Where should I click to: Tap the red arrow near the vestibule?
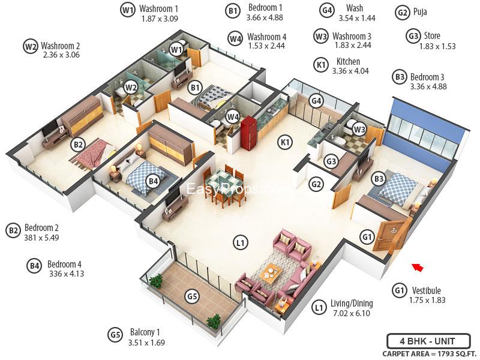pos(418,267)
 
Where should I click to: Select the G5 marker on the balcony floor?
pos(191,296)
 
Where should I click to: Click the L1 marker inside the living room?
pos(240,243)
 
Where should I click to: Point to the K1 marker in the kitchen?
pos(285,142)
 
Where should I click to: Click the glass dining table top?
pos(221,181)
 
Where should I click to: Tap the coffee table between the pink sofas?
pos(272,272)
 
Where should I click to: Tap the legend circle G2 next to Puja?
pos(403,12)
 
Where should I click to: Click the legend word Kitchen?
pos(348,61)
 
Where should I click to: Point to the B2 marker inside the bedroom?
pos(77,144)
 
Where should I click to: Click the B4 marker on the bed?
pos(153,181)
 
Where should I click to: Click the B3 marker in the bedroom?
pos(379,178)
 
